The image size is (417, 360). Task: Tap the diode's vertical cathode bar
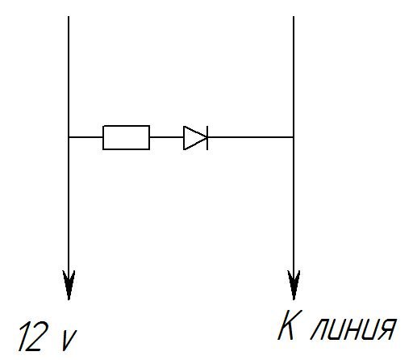(x=207, y=137)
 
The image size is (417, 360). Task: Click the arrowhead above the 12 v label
(x=69, y=285)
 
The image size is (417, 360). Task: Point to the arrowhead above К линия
(x=294, y=285)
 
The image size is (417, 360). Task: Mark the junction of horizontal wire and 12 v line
(x=69, y=137)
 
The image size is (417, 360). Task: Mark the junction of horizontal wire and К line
(x=294, y=137)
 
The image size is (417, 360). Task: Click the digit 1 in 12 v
(x=25, y=336)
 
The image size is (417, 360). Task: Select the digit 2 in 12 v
(x=40, y=336)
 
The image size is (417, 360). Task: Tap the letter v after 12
(x=69, y=341)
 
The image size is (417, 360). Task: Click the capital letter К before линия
(x=290, y=325)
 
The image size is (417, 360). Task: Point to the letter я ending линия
(x=386, y=329)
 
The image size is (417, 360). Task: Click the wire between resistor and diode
(x=167, y=137)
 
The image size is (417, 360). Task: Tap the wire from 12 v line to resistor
(x=85, y=137)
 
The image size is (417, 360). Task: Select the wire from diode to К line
(x=250, y=137)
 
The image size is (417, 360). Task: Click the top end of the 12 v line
(x=69, y=16)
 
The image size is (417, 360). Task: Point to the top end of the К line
(x=294, y=16)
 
